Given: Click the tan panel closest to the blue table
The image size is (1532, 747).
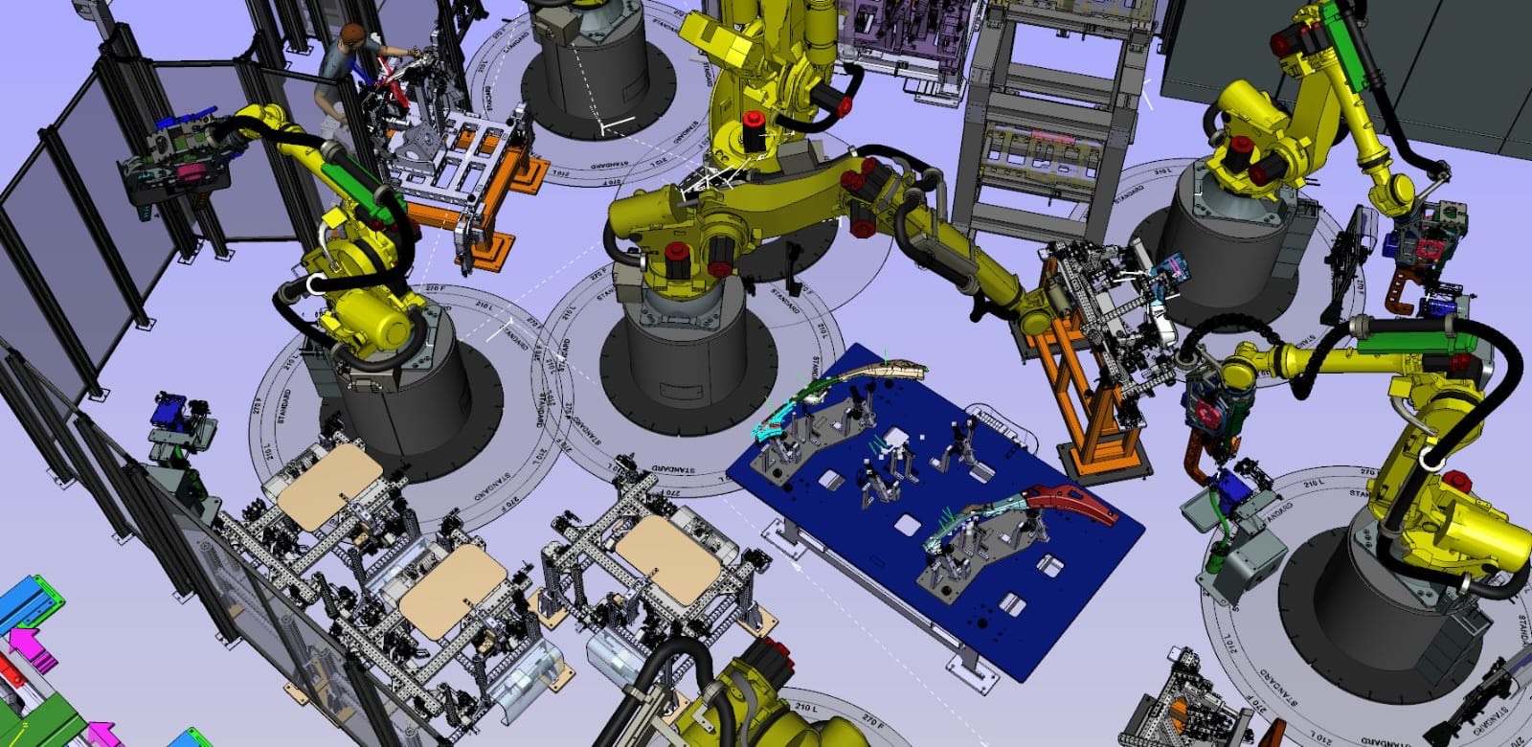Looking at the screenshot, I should [x=667, y=558].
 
